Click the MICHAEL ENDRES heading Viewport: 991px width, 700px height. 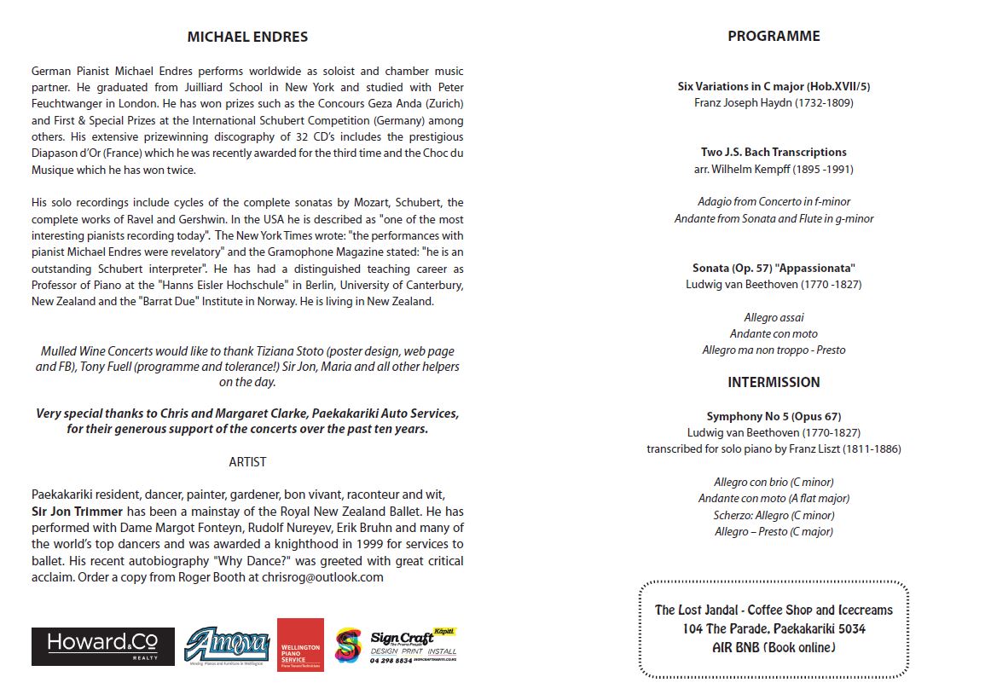point(247,37)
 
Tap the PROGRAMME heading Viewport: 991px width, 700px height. point(774,36)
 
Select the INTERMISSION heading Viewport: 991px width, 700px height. point(774,382)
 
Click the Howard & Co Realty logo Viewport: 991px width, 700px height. point(103,646)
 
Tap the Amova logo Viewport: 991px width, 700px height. point(227,646)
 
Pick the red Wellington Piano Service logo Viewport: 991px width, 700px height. point(300,645)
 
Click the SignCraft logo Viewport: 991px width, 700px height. point(397,645)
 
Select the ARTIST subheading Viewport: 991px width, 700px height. point(247,462)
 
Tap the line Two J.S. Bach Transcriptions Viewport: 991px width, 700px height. point(774,152)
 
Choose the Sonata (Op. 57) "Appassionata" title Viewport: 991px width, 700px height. point(774,268)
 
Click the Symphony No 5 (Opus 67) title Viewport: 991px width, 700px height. point(774,416)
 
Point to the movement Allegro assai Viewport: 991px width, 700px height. point(774,317)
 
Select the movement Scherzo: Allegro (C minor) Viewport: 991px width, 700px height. point(774,515)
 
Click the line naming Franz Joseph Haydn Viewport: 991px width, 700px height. point(774,102)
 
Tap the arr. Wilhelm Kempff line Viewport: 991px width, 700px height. point(774,169)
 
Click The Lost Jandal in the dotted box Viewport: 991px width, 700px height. point(696,610)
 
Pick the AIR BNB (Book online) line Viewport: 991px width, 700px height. point(774,647)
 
